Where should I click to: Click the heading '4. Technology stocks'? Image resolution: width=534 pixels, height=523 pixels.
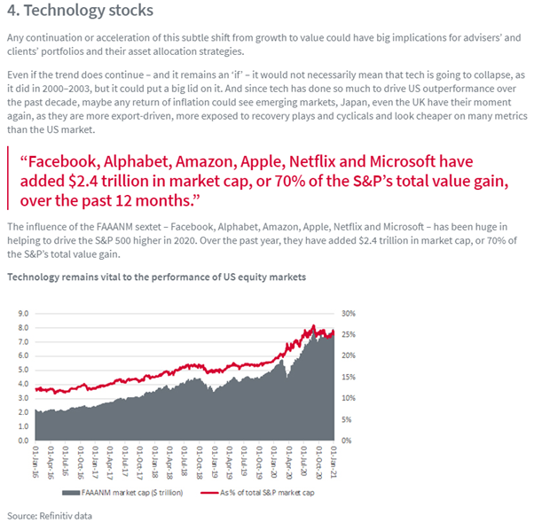[80, 12]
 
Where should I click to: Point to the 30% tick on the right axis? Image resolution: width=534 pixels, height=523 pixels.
[348, 314]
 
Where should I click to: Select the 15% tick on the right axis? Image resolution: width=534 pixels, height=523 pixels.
[348, 377]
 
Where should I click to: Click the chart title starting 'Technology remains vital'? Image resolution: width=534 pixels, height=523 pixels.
[157, 277]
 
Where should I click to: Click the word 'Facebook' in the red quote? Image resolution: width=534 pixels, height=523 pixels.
[64, 161]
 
